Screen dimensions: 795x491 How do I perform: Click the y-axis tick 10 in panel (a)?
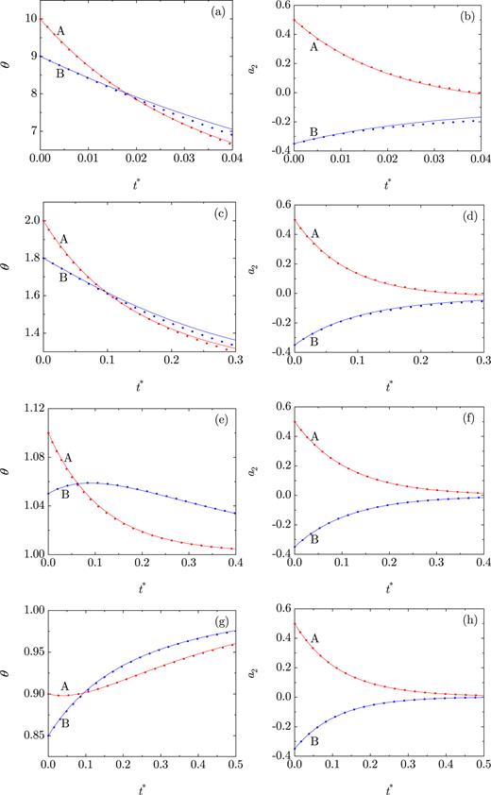click(x=31, y=19)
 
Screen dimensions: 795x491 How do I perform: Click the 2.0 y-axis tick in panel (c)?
click(x=29, y=221)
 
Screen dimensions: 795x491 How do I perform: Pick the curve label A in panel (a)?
click(x=60, y=31)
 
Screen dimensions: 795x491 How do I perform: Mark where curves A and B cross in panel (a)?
click(x=126, y=93)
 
